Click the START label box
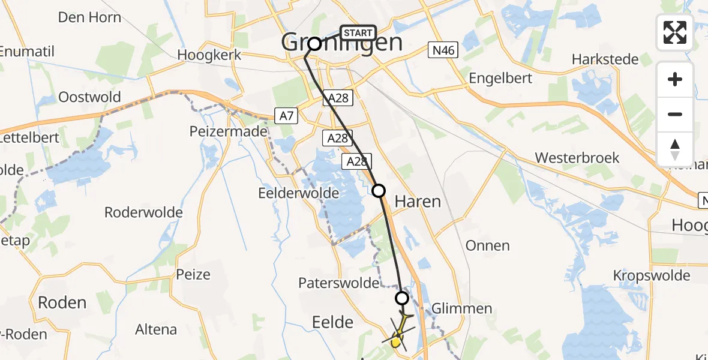358,32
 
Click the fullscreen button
675,32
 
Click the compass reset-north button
675,149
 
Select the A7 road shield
286,115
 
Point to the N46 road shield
443,50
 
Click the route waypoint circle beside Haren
379,191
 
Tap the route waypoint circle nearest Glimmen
402,298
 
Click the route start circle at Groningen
314,43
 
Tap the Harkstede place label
605,59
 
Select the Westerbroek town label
577,158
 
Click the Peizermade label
228,131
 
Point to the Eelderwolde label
299,193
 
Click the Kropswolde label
652,276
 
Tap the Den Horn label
89,17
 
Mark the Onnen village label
487,245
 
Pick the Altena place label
156,329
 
